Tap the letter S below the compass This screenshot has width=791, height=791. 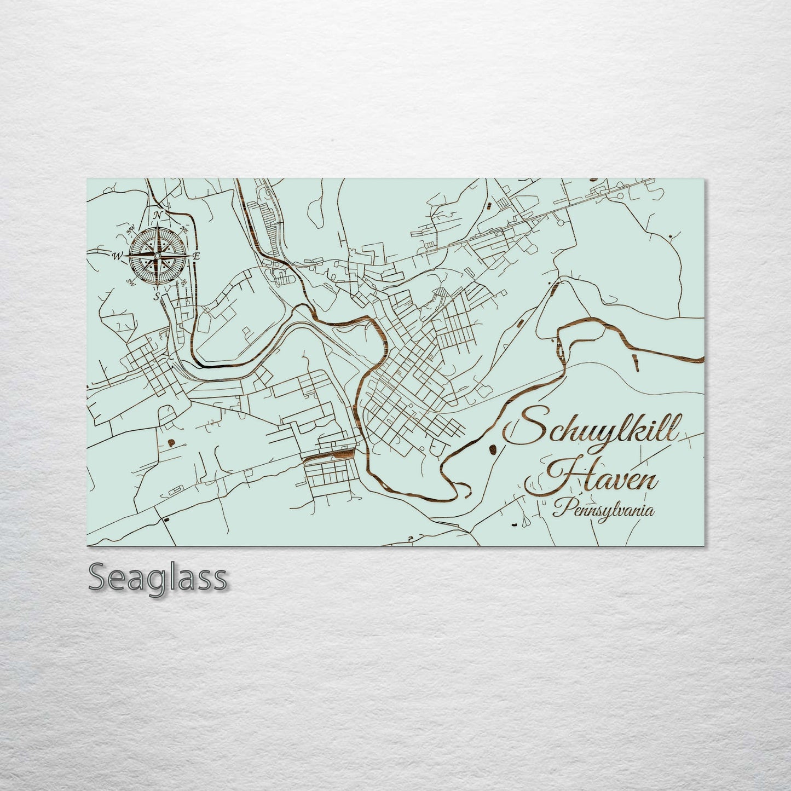pyautogui.click(x=157, y=297)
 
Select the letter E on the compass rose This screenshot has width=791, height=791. pyautogui.click(x=197, y=256)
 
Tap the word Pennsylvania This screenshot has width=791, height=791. pyautogui.click(x=603, y=511)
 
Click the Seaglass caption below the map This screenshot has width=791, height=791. pyautogui.click(x=157, y=577)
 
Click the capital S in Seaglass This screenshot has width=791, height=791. pyautogui.click(x=97, y=577)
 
